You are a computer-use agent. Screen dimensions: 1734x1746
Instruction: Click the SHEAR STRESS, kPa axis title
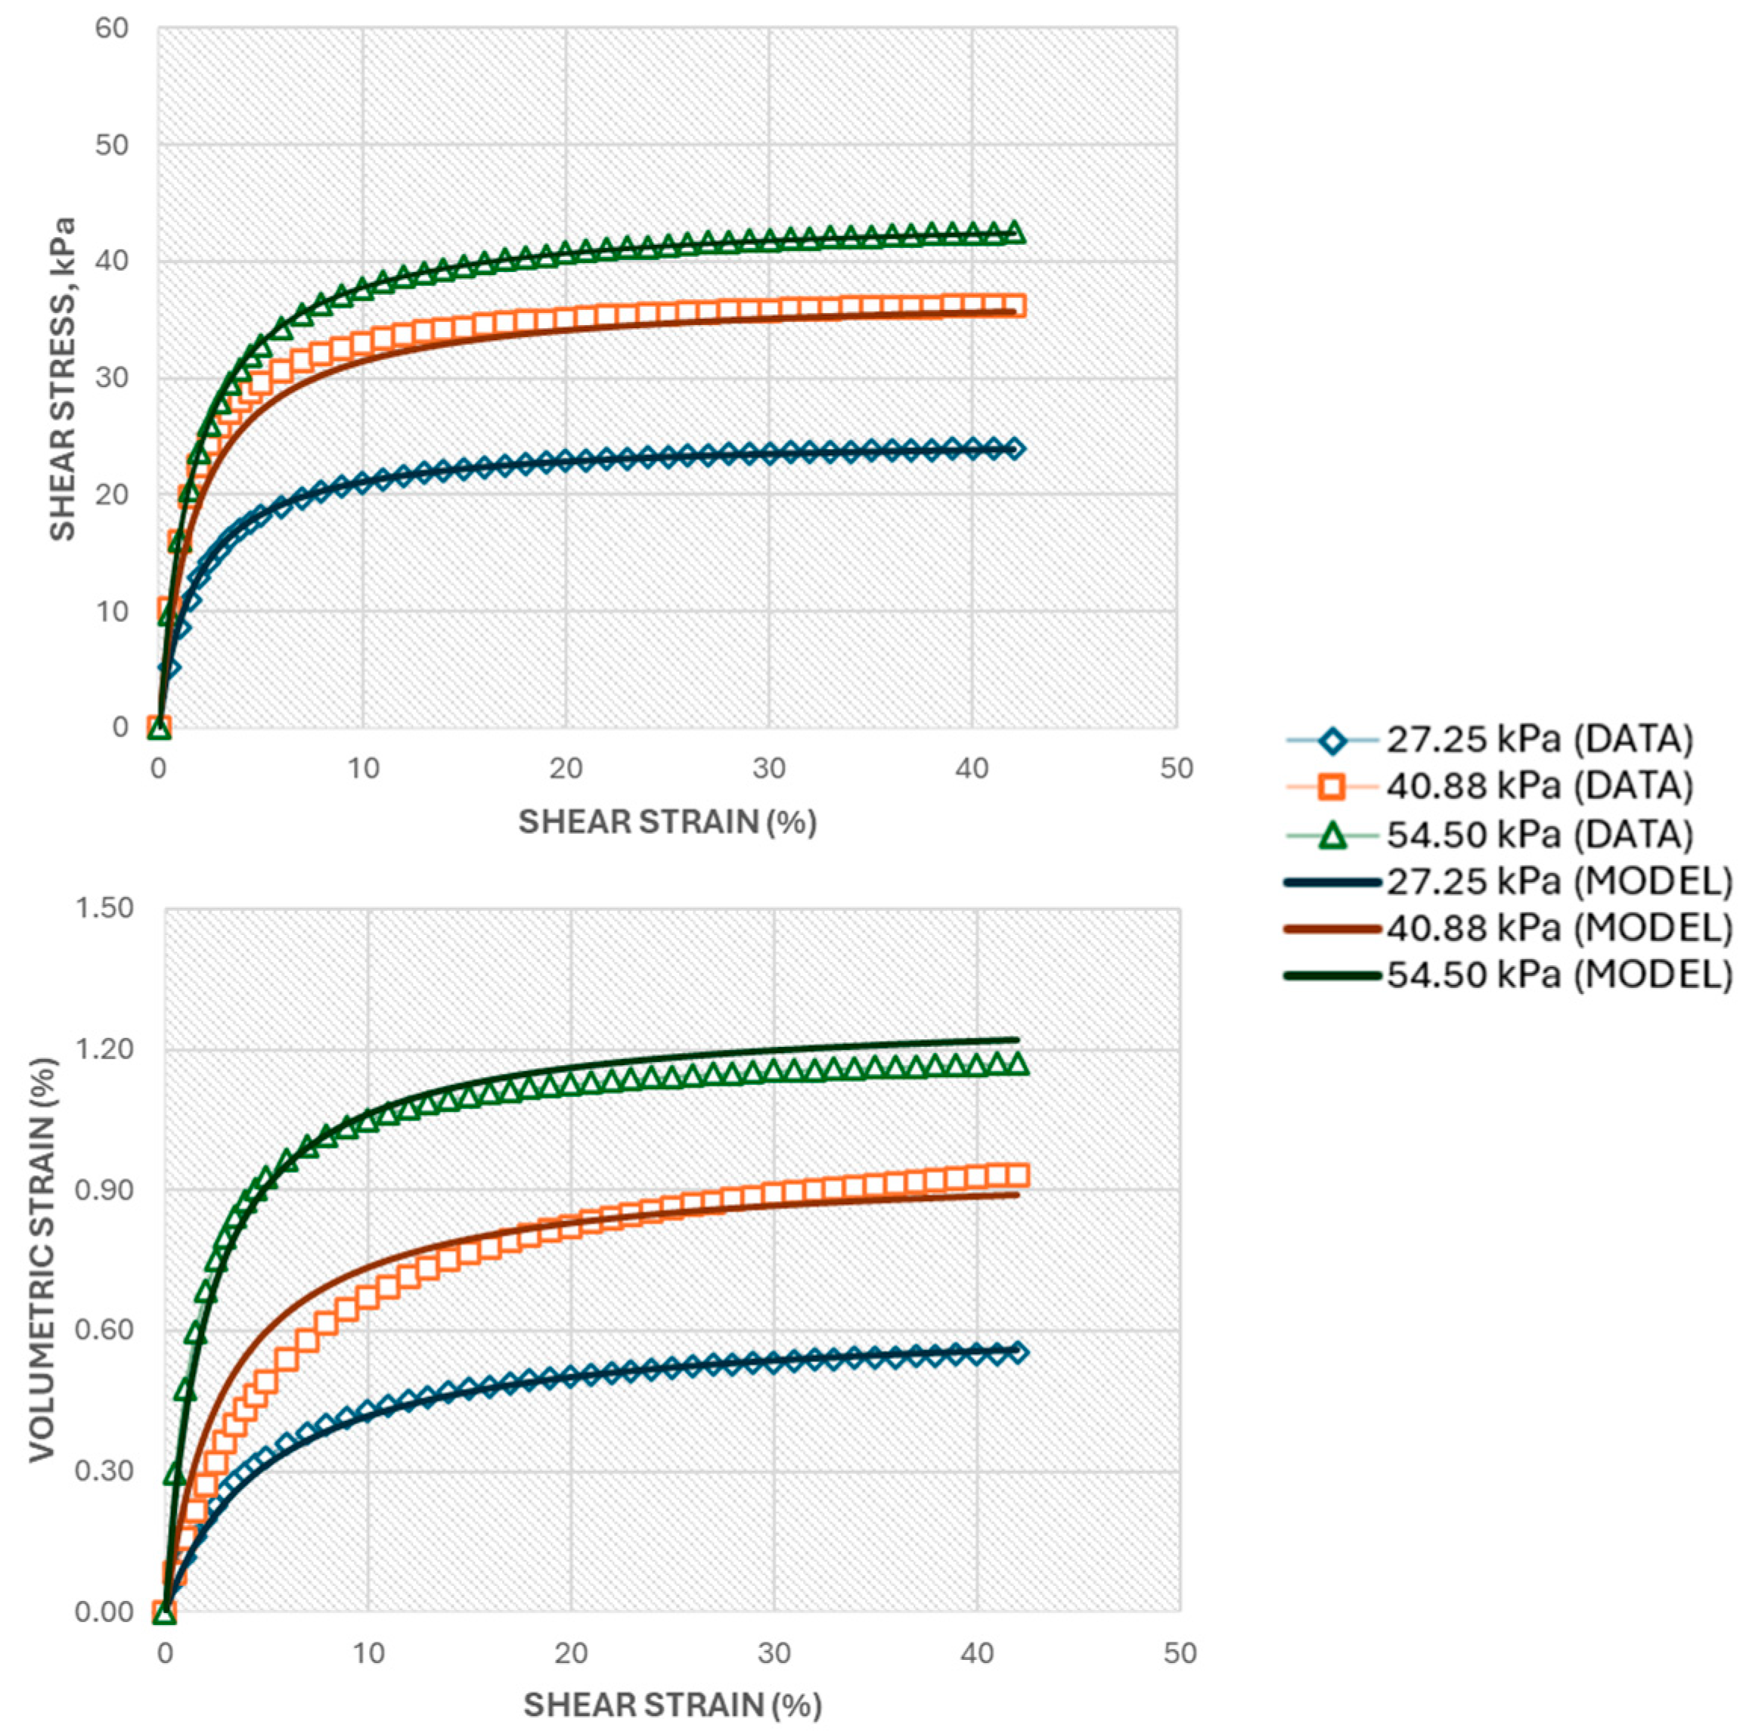pos(61,379)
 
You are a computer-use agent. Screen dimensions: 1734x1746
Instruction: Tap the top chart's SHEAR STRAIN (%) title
pos(667,822)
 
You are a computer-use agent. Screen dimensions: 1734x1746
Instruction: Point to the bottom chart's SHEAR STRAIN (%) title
pos(672,1705)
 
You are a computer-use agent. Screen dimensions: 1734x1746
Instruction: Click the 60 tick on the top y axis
pos(112,28)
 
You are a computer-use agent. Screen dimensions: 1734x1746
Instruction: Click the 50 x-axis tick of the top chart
pos(1176,769)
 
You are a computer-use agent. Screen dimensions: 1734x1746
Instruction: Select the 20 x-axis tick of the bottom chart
pos(570,1654)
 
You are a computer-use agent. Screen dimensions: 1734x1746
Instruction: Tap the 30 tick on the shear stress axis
pos(112,378)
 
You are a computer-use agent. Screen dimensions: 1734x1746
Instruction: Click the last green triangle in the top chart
pos(1014,232)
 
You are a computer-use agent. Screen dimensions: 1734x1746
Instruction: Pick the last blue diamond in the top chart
pos(1014,448)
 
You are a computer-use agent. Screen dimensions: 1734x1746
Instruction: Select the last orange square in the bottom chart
pos(1018,1175)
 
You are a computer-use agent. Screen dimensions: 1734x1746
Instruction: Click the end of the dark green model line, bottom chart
pos(1018,1039)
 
